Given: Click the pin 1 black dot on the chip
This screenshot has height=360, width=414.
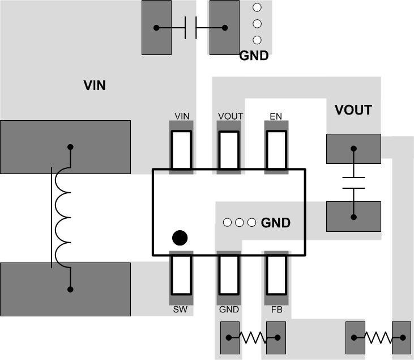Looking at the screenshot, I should click(180, 238).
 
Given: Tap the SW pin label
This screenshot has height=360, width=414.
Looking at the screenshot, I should click(181, 310).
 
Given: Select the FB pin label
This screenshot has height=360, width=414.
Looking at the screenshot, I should click(276, 310).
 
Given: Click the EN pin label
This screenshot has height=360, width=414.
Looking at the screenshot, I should click(276, 116).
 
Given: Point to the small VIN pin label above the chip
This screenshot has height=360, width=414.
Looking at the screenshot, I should click(182, 116).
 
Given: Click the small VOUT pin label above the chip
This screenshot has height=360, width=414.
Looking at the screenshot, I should click(230, 116).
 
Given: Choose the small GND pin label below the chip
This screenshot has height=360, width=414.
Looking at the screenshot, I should click(229, 310).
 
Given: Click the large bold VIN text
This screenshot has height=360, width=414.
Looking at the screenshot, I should click(95, 86).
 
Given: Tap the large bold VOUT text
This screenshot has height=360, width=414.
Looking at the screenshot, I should click(353, 110).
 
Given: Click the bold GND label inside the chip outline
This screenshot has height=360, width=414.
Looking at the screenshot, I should click(276, 223).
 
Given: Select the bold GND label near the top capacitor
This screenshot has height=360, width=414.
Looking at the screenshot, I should click(253, 56).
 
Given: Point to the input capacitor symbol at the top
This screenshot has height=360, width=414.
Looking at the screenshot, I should click(190, 28).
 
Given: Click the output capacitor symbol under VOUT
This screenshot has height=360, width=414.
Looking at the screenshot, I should click(353, 183).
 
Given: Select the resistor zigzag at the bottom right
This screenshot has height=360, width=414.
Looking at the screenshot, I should click(378, 337).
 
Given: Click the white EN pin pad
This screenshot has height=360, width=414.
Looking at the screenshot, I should click(277, 150).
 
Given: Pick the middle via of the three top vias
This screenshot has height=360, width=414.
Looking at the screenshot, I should click(257, 24).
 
